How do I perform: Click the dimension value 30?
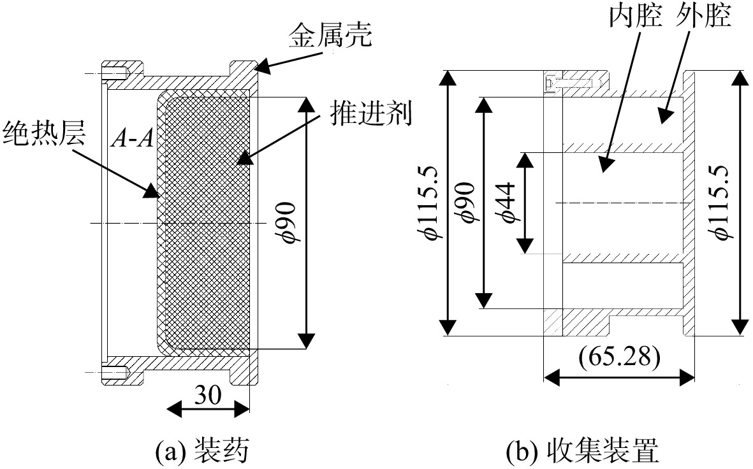pos(208,395)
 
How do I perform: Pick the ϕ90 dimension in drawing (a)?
pos(288,223)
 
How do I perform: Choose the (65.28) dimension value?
pos(619,358)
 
